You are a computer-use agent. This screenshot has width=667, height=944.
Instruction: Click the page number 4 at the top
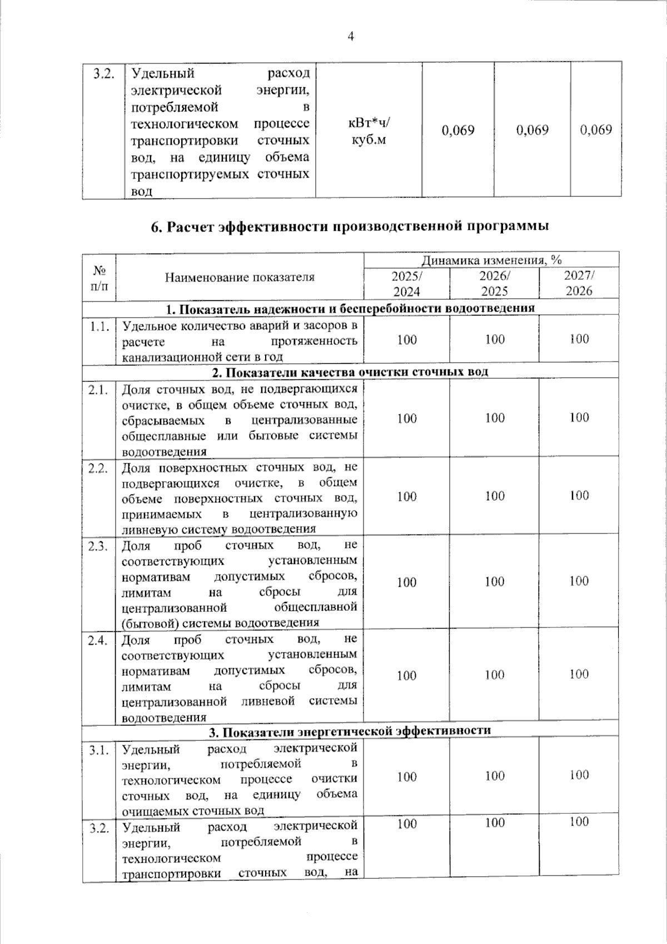(x=350, y=37)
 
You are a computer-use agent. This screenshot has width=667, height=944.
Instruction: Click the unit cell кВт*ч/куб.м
(x=369, y=131)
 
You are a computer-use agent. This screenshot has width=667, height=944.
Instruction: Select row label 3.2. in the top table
(x=103, y=74)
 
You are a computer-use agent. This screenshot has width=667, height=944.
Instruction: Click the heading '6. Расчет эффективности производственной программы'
(x=350, y=226)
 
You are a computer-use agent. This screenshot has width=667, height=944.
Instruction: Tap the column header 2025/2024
(x=407, y=283)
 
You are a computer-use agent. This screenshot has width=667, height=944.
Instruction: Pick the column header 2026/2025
(x=495, y=283)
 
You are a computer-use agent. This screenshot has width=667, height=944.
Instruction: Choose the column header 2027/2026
(x=579, y=283)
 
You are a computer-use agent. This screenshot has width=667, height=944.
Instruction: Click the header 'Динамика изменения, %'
(x=491, y=260)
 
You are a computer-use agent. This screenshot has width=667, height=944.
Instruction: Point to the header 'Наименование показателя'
(x=240, y=277)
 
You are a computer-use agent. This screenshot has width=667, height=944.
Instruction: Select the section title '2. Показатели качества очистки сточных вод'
(x=350, y=371)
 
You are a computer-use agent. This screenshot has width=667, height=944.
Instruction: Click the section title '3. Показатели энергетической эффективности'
(x=350, y=730)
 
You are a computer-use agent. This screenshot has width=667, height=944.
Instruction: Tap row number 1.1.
(x=99, y=327)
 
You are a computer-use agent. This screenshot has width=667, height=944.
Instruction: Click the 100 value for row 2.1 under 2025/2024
(x=407, y=418)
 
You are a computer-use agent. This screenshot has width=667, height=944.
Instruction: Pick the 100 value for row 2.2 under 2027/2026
(x=579, y=496)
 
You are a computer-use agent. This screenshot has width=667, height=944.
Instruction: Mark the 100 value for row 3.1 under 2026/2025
(x=495, y=776)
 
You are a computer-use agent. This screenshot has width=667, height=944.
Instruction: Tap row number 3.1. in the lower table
(x=99, y=750)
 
